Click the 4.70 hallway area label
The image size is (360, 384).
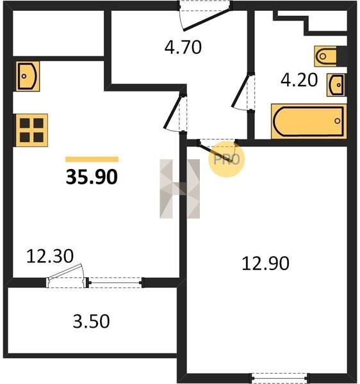pos(183,47)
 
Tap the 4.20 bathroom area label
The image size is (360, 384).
pos(299,80)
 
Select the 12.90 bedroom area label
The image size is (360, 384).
pos(265,264)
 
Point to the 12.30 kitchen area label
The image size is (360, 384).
pos(50,256)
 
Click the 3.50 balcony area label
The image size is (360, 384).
pos(91,321)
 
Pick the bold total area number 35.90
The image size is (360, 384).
pos(92,177)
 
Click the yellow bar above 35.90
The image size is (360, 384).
pos(92,159)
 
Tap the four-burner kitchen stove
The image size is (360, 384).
pos(32,131)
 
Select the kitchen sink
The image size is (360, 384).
pos(28,76)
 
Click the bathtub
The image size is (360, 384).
pos(309,122)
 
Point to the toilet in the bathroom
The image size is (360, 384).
pos(327,56)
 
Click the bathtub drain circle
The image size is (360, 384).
pos(338,121)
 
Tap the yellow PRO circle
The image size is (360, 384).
pos(226,159)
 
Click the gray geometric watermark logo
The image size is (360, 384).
pos(179,189)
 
